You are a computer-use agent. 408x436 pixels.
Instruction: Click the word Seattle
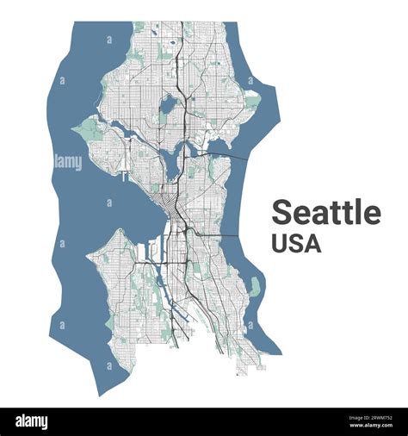point(326,212)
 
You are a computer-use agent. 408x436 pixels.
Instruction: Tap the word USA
point(296,243)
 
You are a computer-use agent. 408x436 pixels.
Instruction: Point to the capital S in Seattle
point(281,212)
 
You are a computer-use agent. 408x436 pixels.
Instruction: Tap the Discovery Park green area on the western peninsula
point(89,130)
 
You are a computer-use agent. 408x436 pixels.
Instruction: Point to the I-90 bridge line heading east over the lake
point(226,234)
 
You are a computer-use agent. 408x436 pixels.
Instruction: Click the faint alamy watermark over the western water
point(67,162)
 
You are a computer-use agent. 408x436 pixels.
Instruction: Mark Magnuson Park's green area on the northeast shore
point(251,102)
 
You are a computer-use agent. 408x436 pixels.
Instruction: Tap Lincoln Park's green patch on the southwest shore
point(109,322)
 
